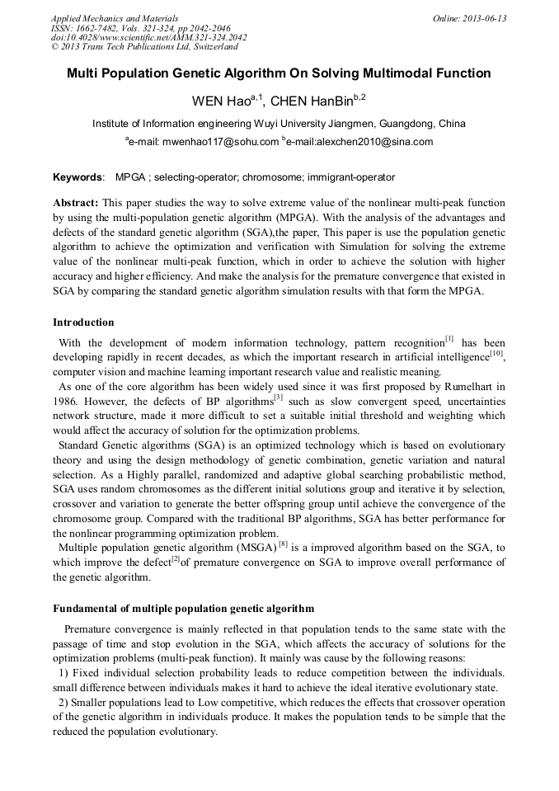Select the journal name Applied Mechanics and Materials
[114, 18]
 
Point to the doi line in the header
[148, 38]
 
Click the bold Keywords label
[78, 177]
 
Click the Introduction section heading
[83, 322]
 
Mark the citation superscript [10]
[496, 354]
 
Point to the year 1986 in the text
[65, 401]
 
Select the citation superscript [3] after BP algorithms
[278, 398]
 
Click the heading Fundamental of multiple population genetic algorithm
[183, 609]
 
